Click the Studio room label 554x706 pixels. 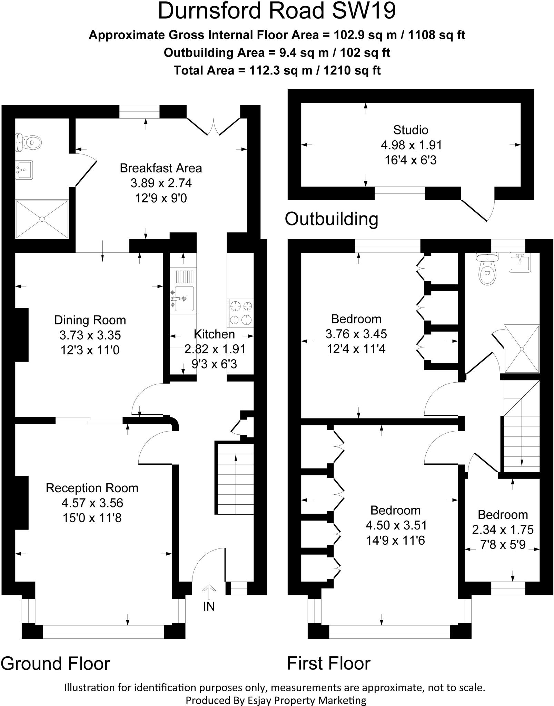tap(410, 130)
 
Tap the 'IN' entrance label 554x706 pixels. tap(209, 606)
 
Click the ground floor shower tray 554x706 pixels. tap(42, 219)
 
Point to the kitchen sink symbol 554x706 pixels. tap(183, 298)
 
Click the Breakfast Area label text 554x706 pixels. tap(161, 168)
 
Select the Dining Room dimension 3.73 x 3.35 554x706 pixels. tap(90, 335)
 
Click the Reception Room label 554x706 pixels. tap(92, 488)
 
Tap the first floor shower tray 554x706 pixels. tap(522, 349)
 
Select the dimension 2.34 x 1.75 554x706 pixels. tap(503, 529)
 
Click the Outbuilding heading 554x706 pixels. tap(332, 219)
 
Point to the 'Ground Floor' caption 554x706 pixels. tap(55, 664)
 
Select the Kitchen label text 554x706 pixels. tap(214, 334)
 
